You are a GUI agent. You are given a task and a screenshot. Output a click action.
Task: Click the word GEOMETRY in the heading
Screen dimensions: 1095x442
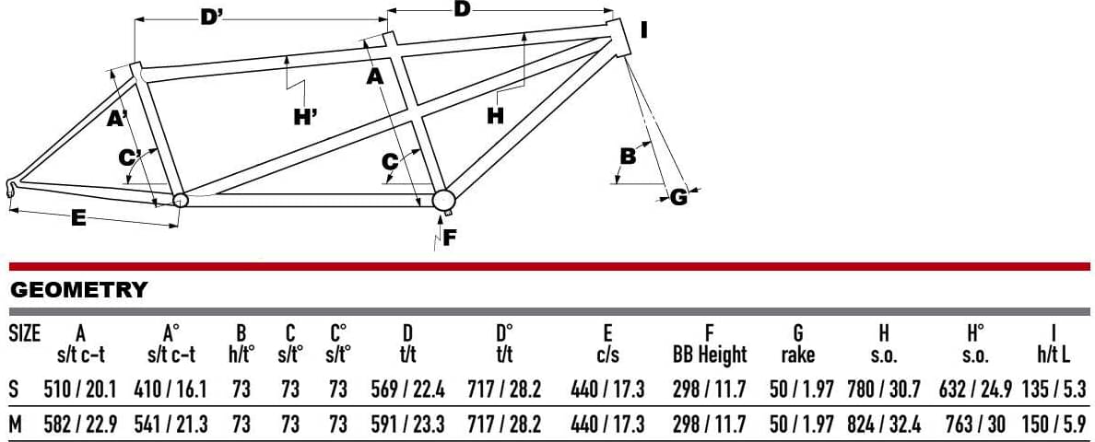pos(79,289)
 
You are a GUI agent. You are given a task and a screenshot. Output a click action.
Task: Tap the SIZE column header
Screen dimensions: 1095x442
pos(25,331)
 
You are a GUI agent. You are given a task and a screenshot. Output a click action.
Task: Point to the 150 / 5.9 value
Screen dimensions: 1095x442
pos(1054,424)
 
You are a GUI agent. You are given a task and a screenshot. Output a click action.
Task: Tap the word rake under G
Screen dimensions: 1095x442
pos(798,355)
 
